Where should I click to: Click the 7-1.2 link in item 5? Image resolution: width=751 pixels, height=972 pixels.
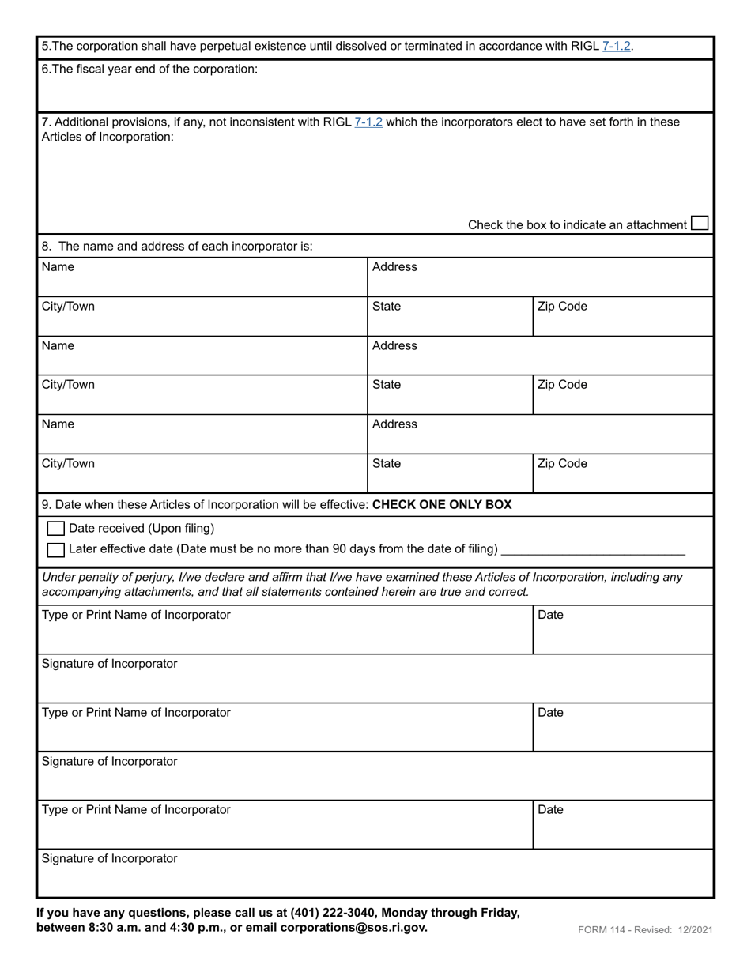(x=616, y=46)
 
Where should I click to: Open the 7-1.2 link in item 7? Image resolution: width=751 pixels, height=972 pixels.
(x=368, y=122)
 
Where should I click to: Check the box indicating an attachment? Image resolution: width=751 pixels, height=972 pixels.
(x=700, y=224)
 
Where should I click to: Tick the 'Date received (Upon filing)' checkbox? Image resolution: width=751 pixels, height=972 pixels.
(x=56, y=528)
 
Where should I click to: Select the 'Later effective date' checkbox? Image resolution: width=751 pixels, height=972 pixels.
(x=56, y=549)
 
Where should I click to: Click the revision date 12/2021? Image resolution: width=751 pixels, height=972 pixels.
(x=695, y=930)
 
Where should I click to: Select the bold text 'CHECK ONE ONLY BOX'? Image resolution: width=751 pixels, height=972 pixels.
(x=441, y=504)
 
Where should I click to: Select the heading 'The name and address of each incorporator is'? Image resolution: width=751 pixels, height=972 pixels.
(x=185, y=246)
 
